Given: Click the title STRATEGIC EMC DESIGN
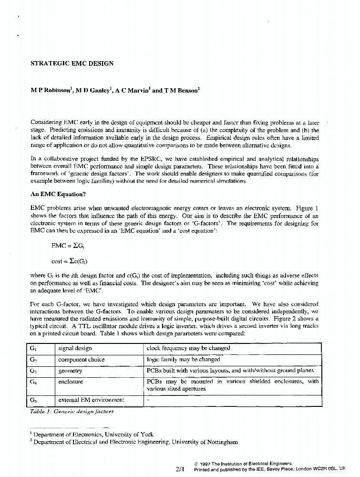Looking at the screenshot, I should (x=72, y=63).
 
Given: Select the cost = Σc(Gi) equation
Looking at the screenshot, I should (x=70, y=261).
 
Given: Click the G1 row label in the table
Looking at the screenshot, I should (x=33, y=348).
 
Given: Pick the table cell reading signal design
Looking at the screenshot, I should (x=75, y=348).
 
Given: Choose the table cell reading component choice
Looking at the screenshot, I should (x=81, y=359).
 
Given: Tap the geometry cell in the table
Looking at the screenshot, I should (x=70, y=371).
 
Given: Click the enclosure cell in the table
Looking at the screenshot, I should (x=71, y=382).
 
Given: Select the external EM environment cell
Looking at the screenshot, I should (x=91, y=400).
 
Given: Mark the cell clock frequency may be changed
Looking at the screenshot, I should (x=188, y=348).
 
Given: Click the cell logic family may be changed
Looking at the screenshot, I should (x=184, y=359).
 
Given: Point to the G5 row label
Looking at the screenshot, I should (x=33, y=400).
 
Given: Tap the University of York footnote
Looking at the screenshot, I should (x=93, y=435).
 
